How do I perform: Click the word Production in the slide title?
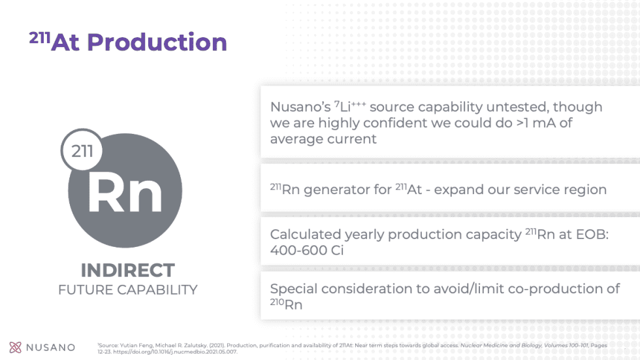coord(157,42)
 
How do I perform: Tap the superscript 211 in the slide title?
coord(39,38)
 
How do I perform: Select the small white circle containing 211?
coord(82,152)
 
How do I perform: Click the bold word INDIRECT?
coord(127,270)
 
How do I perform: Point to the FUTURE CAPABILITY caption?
coord(127,289)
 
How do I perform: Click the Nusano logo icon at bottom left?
coord(16,347)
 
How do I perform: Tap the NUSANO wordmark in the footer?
coord(51,348)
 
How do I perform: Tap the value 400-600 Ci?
coord(307,250)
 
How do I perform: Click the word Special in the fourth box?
coord(293,289)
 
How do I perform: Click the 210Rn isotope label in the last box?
coord(286,304)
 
